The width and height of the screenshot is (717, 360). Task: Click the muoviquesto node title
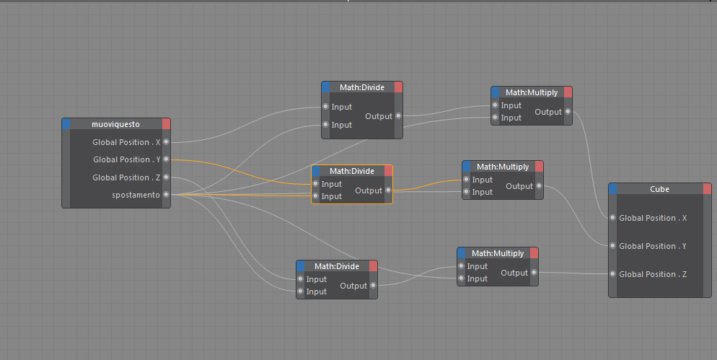115,124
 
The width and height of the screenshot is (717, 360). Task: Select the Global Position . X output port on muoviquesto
167,142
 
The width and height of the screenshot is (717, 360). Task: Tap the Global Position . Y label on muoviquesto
121,159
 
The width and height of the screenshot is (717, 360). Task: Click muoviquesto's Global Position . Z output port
167,177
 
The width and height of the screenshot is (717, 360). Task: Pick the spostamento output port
167,195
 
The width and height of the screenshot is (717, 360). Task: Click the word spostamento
136,195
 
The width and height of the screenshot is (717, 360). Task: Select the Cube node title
659,189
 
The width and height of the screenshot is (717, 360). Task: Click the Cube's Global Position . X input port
612,218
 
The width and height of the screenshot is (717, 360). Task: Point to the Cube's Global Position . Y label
653,246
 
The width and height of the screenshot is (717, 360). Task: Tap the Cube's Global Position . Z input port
612,274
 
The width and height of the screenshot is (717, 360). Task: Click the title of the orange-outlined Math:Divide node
352,171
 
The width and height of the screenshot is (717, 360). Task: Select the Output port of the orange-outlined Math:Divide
389,190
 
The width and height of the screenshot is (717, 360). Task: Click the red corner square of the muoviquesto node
167,124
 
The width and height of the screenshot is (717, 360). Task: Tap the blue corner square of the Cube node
613,189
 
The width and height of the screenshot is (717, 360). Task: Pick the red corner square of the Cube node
707,189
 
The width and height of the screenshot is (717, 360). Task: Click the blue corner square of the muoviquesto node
66,124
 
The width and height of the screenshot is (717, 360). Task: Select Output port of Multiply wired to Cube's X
568,112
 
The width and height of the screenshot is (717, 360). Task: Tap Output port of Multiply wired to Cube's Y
540,186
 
